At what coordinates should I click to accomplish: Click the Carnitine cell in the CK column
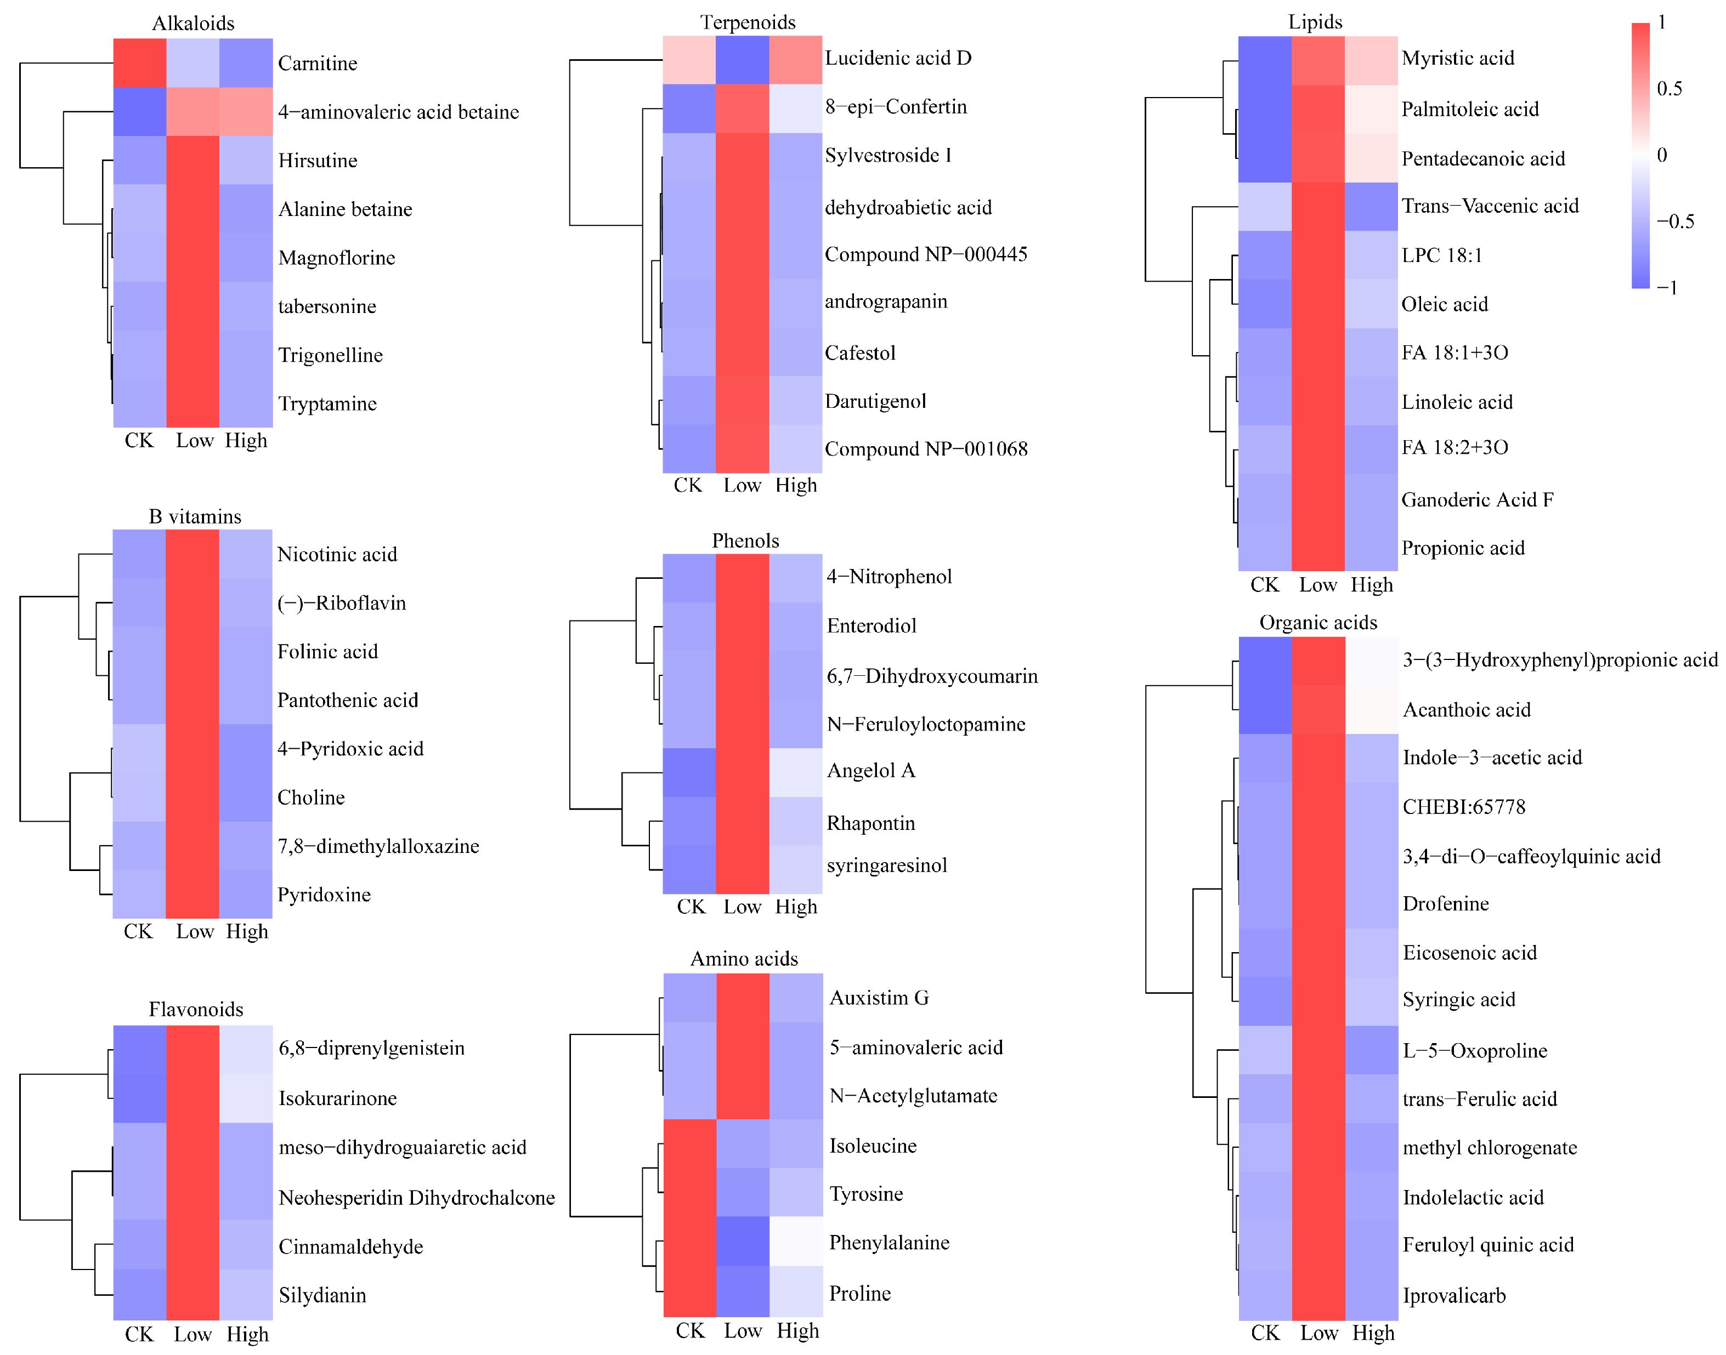point(140,62)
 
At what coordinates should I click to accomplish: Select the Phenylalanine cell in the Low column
point(742,1241)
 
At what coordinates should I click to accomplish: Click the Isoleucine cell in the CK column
point(689,1143)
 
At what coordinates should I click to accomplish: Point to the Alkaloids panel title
point(193,23)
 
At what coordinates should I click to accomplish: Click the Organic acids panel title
point(1317,622)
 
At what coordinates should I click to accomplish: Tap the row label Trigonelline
point(330,355)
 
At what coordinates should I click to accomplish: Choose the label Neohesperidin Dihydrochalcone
point(417,1197)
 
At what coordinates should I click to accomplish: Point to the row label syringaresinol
point(886,865)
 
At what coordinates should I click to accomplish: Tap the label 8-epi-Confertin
point(896,106)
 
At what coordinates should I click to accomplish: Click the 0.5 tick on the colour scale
point(1669,88)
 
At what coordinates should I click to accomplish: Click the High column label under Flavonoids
point(247,1334)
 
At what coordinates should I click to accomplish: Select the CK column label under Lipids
point(1264,585)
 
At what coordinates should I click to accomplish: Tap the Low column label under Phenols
point(742,906)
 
